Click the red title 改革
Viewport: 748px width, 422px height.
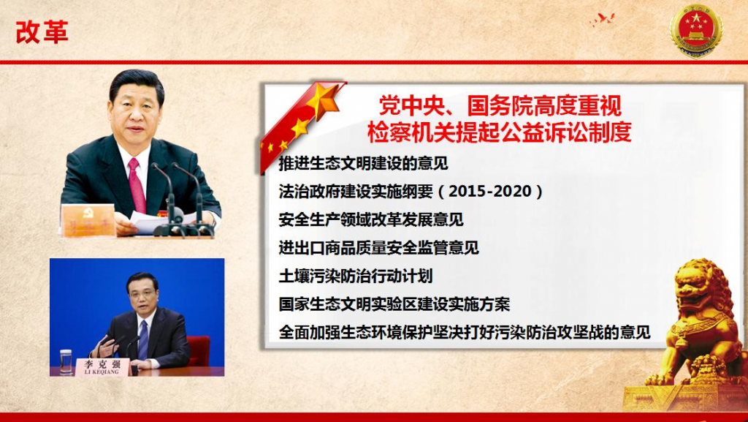click(x=42, y=32)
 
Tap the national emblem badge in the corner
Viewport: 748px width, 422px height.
click(x=696, y=30)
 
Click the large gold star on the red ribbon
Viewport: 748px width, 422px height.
click(x=322, y=99)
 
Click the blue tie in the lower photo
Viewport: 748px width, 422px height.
click(x=143, y=339)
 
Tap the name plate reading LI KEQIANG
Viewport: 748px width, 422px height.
click(x=102, y=366)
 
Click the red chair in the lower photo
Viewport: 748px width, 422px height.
click(x=199, y=351)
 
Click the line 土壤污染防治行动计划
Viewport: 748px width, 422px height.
click(x=356, y=276)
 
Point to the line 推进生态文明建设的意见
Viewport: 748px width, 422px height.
click(x=364, y=163)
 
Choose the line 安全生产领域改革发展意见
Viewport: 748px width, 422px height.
click(x=371, y=219)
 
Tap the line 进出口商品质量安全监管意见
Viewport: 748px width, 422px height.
click(x=379, y=248)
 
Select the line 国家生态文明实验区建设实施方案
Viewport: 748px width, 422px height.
click(x=394, y=304)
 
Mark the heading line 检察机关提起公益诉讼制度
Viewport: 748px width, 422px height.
click(x=500, y=132)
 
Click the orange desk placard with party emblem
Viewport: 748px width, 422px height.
click(x=88, y=220)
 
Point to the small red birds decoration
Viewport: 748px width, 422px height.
click(x=603, y=20)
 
